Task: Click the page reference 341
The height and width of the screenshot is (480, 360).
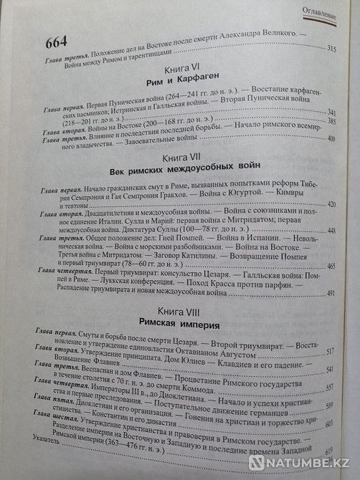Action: (x=330, y=111)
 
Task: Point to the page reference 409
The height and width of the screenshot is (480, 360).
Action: (x=331, y=139)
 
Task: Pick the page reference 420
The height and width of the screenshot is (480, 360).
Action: (x=332, y=204)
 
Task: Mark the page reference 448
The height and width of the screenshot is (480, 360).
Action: (x=332, y=230)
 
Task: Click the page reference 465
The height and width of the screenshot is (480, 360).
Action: (x=332, y=266)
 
